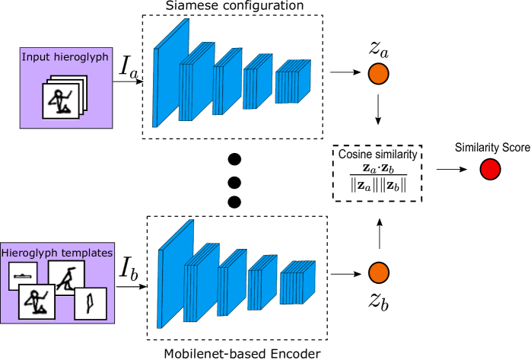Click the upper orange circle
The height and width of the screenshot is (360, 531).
pyautogui.click(x=378, y=74)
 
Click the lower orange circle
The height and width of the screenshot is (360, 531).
pyautogui.click(x=378, y=272)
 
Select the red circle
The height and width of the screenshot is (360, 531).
pyautogui.click(x=490, y=169)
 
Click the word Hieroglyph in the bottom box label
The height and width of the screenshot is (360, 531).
pyautogui.click(x=28, y=253)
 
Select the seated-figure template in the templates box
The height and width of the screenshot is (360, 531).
pyautogui.click(x=37, y=302)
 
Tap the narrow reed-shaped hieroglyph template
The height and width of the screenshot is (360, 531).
pyautogui.click(x=90, y=303)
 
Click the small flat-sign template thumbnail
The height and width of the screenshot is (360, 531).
pyautogui.click(x=23, y=276)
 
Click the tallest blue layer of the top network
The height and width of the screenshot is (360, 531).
pyautogui.click(x=171, y=73)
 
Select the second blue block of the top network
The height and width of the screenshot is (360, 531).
pyautogui.click(x=196, y=82)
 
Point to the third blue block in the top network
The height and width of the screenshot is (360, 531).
pyautogui.click(x=227, y=82)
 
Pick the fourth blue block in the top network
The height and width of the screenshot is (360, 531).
pyautogui.click(x=257, y=82)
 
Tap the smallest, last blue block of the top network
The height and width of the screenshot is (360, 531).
pyautogui.click(x=292, y=82)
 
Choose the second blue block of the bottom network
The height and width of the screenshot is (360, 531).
pyautogui.click(x=200, y=283)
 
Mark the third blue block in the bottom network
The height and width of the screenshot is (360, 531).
pyautogui.click(x=231, y=283)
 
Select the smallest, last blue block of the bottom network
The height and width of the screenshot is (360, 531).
pyautogui.click(x=297, y=283)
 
